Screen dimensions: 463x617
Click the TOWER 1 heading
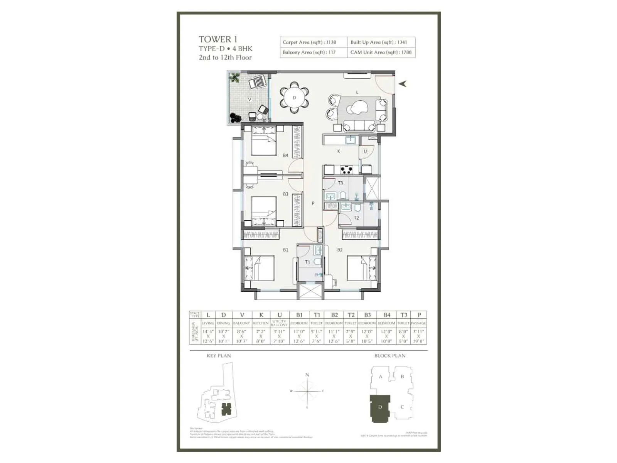(218, 39)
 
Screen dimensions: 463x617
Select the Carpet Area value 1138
(331, 42)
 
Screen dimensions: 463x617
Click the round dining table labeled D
(294, 98)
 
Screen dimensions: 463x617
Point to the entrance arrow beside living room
(403, 83)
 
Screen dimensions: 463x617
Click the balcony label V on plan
(249, 100)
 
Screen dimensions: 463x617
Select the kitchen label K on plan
(339, 151)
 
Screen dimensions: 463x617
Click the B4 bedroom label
(285, 155)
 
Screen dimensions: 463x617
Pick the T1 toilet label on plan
(307, 262)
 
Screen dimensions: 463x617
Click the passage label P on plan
(313, 203)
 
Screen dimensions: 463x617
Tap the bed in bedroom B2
(362, 268)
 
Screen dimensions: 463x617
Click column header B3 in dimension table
(367, 315)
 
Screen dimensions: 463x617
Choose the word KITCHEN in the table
(261, 323)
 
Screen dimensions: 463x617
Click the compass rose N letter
(307, 375)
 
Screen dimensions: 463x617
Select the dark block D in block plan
(380, 408)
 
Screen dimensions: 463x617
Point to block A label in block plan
(380, 377)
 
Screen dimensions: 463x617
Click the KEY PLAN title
(219, 356)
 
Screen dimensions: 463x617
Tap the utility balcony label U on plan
(365, 151)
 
